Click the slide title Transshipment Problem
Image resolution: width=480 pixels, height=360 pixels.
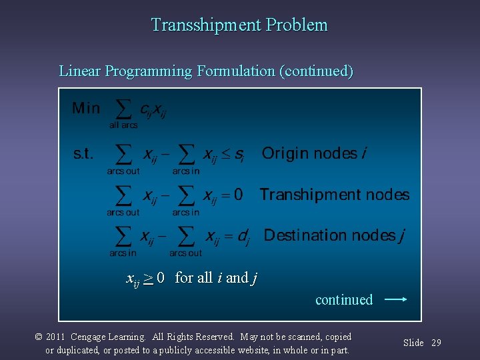239,25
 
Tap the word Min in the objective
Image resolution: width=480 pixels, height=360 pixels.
86,108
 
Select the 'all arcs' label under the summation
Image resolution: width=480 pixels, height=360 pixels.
123,125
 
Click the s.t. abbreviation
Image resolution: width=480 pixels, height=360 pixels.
83,154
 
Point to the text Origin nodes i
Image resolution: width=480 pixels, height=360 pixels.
313,154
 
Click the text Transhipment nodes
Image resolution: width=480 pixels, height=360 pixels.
335,195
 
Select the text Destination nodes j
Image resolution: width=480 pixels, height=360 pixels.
334,235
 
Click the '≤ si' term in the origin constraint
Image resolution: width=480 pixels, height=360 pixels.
233,155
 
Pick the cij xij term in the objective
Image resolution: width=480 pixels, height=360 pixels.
153,110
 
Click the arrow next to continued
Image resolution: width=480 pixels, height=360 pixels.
395,300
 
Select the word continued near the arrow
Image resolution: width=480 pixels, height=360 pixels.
344,300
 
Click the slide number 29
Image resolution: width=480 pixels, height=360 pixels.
436,343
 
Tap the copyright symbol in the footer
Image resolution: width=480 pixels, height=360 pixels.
39,337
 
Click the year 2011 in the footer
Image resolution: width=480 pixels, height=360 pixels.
55,337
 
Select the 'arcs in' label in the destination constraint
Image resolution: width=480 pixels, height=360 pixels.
123,253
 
